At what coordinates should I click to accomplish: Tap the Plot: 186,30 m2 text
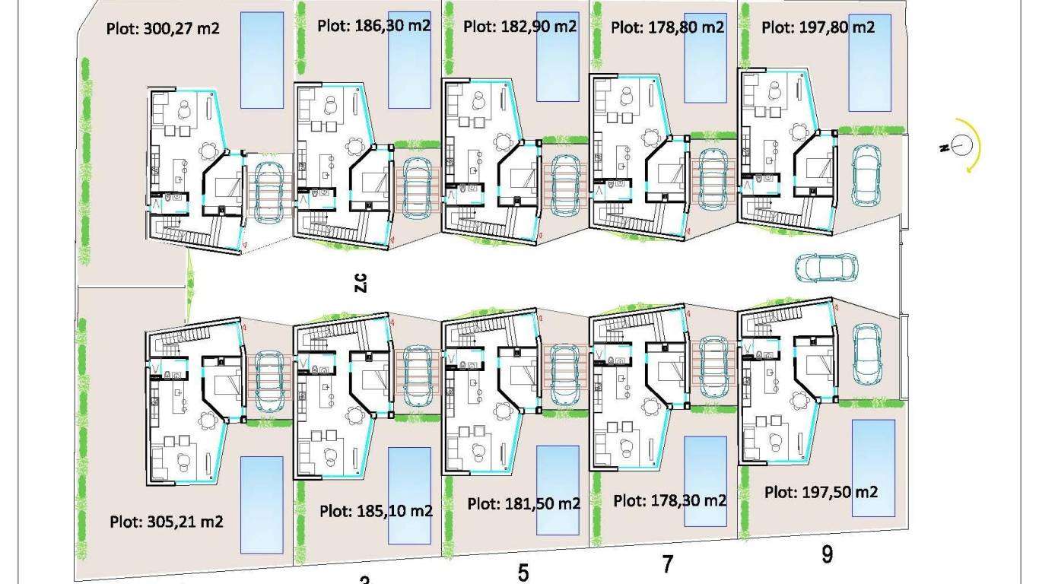point(373,25)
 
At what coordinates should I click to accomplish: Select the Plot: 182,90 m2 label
point(520,26)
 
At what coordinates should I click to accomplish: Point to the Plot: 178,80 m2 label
point(667,27)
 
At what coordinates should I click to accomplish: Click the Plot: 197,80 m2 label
point(818,27)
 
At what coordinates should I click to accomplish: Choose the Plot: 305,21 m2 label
point(166,522)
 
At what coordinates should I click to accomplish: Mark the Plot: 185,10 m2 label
point(376,511)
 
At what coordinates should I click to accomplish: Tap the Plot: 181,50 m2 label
point(523,503)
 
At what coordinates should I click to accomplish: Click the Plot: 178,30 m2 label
point(669,500)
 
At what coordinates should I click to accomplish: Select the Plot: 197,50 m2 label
point(821,492)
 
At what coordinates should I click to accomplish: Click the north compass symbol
point(962,145)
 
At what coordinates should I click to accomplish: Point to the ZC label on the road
point(361,282)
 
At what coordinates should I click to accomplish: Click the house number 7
point(668,564)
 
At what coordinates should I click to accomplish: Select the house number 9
point(827,554)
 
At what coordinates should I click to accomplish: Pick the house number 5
point(523,573)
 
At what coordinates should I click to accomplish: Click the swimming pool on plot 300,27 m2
point(262,60)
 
